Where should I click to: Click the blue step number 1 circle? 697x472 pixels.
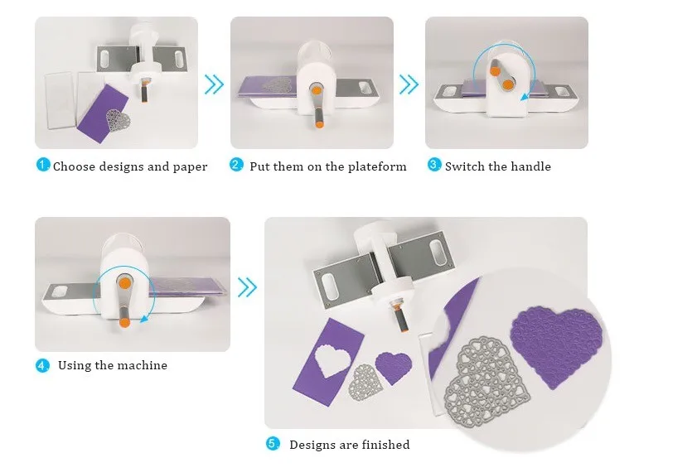coord(42,165)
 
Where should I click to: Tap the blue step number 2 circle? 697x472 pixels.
coord(236,165)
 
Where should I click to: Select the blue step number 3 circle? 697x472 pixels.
coord(433,165)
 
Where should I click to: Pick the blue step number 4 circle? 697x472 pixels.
coord(42,365)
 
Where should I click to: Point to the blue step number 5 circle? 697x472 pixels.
coord(273,444)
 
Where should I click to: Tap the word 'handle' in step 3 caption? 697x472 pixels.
coord(530,166)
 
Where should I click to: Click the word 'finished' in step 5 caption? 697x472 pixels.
coord(386,445)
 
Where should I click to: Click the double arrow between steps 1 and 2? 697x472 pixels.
coord(214,84)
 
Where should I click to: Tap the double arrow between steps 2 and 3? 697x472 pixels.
coord(409,84)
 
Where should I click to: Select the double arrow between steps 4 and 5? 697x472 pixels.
coord(247,287)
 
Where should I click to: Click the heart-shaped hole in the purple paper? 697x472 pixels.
coord(332,359)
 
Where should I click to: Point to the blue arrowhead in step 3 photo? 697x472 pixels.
coord(525,96)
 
